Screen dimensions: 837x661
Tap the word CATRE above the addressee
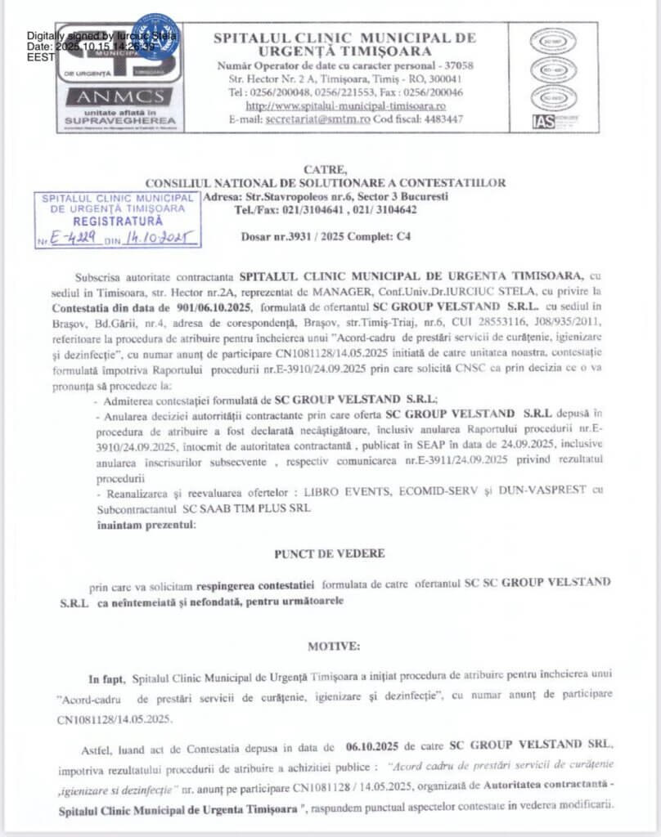[x=324, y=169]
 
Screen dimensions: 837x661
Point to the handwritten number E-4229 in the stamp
[x=79, y=238]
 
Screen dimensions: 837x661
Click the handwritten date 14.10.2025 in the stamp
[x=157, y=238]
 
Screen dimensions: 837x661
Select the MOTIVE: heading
[x=333, y=646]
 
